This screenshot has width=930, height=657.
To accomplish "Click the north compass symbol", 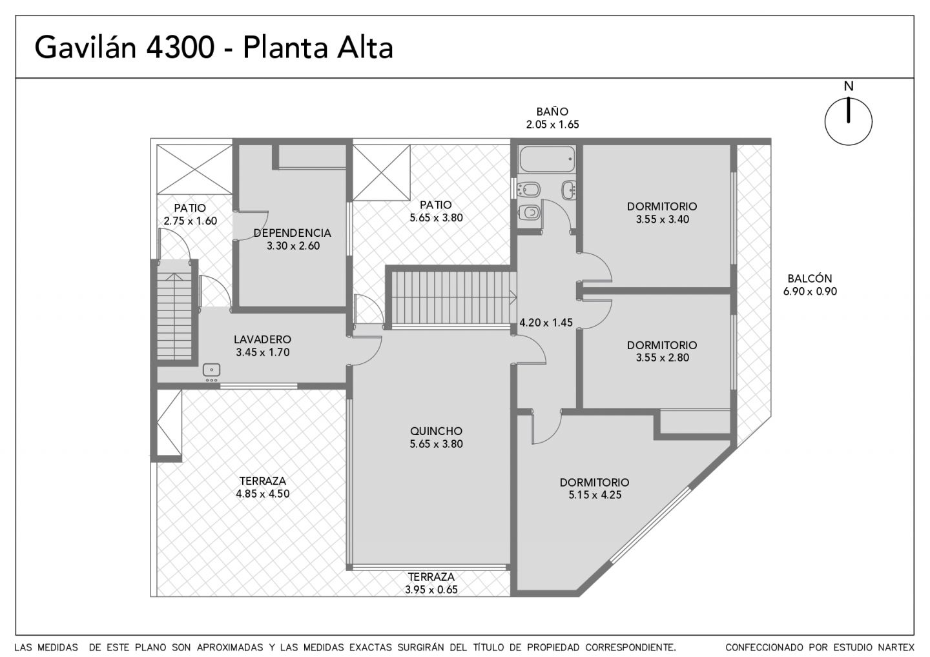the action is pos(848,121).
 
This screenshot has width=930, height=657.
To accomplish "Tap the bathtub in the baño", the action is pos(547,159).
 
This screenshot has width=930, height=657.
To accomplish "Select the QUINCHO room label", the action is pos(436,431).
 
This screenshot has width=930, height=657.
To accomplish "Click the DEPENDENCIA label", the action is pos(293,233).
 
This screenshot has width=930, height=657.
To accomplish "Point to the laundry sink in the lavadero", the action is pos(211,370).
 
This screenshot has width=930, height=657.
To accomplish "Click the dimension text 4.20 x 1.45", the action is pos(546,322).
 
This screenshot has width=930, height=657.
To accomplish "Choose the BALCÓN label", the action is pos(810,278).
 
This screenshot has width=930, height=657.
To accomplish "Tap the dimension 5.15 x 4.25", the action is pos(595,495).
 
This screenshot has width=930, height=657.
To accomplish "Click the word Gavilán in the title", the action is pos(85,47).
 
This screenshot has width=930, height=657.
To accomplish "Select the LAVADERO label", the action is pos(262,339).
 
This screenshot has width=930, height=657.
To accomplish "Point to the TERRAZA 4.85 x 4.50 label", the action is pos(263,487).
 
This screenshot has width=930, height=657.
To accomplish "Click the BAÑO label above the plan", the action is pos(552,111).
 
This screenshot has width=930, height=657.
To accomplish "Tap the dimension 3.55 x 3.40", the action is pos(662,219).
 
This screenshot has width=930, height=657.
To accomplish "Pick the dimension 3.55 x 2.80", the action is pos(662,358).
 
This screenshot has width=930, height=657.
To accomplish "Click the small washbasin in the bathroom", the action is pos(569,190).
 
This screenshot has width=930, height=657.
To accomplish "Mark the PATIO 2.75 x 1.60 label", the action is pos(190,214).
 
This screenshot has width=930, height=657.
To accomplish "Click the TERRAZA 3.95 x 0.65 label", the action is pos(431,583).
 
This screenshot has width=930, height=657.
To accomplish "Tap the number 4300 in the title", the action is pos(180,48).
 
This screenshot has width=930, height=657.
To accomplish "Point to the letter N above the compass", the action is pos(849,86).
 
